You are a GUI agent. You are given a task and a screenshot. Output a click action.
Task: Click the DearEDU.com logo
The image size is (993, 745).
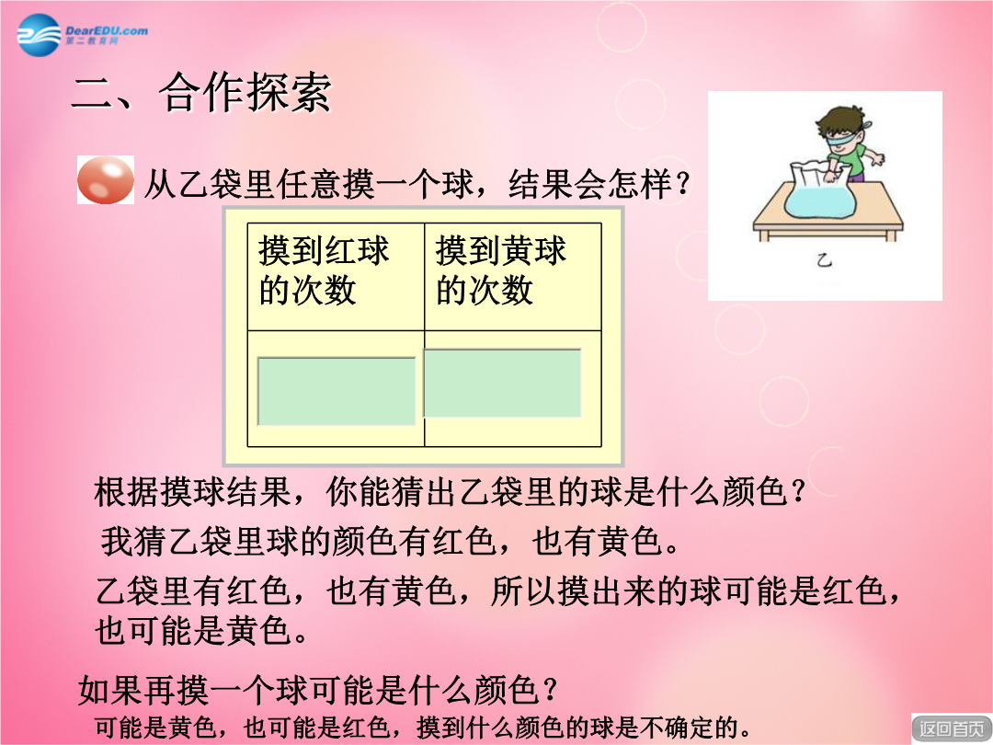pos(83,34)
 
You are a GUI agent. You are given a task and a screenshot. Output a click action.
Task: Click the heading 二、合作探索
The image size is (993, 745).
pos(201,93)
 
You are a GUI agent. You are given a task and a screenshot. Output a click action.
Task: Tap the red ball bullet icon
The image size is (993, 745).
pos(105,180)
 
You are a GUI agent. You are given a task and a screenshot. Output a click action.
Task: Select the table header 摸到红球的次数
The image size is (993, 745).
pos(324,270)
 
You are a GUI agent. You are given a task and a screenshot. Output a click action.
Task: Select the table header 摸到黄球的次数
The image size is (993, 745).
pos(501,270)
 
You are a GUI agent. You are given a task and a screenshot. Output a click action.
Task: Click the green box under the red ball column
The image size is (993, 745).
pos(337,391)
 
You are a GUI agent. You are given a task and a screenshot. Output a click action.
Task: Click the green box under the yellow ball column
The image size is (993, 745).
pos(502,384)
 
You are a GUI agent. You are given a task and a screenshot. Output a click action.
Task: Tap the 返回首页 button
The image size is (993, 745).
pos(952,728)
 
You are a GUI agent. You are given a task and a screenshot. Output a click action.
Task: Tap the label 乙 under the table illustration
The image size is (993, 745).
pos(824,259)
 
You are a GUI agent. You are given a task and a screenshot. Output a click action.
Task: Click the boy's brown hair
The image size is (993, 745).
pos(839,120)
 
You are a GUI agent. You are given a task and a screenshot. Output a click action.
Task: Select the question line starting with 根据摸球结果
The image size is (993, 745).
pos(450,491)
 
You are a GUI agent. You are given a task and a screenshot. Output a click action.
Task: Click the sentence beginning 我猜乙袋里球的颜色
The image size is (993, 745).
pos(390,541)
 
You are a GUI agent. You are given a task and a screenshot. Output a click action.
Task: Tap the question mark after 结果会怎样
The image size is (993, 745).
pos(682,185)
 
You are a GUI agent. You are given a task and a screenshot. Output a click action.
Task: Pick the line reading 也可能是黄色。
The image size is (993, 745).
pos(201,631)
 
